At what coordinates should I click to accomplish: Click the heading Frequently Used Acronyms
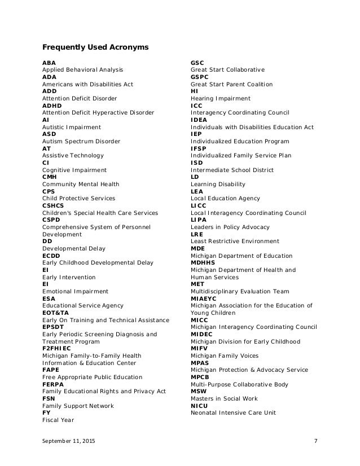[x=95, y=47]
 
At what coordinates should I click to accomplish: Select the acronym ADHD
[x=52, y=105]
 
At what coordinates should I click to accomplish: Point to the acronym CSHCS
[x=55, y=205]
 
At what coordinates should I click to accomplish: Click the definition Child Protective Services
[x=78, y=199]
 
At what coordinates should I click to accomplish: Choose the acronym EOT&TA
[x=55, y=313]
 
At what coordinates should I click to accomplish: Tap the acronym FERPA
[x=54, y=384]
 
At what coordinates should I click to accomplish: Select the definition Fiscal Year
[x=58, y=420]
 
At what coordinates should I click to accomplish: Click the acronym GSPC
[x=200, y=77]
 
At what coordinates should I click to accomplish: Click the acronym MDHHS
[x=203, y=263]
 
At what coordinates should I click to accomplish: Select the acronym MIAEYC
[x=204, y=298]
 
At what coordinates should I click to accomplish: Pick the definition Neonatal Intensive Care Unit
[x=233, y=413]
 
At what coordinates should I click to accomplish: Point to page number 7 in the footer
[x=315, y=448]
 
